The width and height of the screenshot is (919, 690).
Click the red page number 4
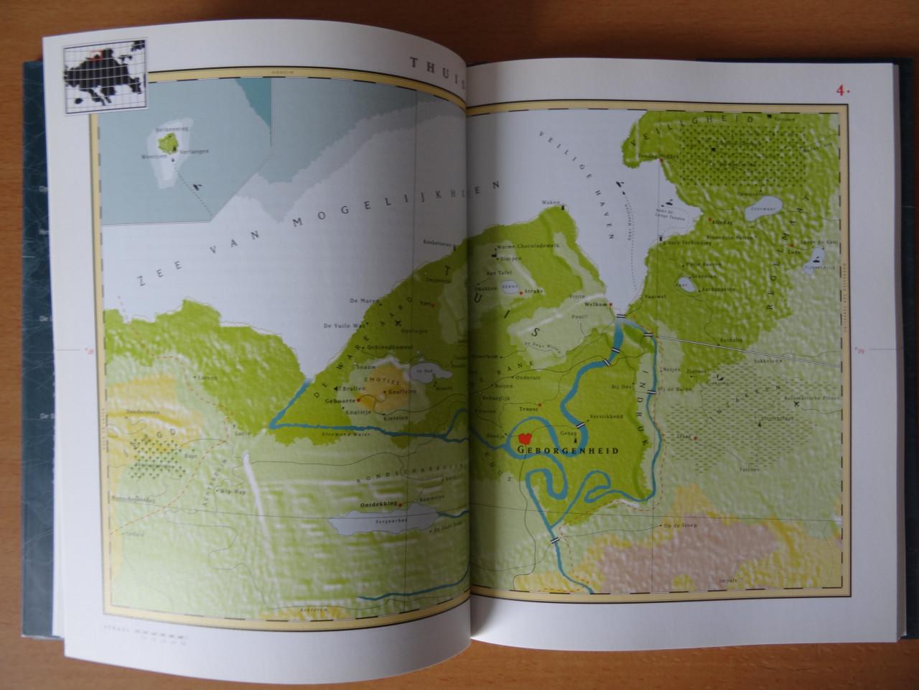pos(839,91)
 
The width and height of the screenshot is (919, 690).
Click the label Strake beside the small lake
pos(533,291)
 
